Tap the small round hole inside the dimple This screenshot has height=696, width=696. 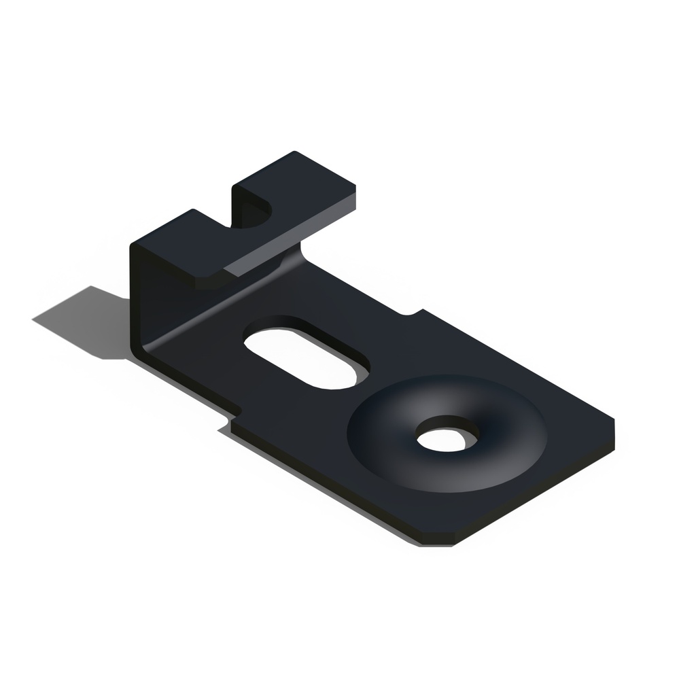446,438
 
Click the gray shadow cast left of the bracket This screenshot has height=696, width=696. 82,319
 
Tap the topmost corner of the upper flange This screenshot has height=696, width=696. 294,153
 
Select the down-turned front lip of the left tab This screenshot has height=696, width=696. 207,281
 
